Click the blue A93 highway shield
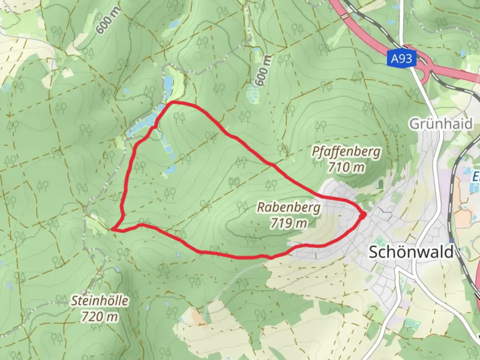point(401,59)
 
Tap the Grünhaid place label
point(441,124)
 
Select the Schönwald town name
point(411,252)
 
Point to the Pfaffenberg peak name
point(346,152)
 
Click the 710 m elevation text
point(346,167)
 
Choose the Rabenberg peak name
point(289,207)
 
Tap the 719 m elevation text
point(289,223)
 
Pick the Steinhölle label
point(100,301)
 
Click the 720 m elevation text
point(100,316)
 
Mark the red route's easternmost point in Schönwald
point(363,216)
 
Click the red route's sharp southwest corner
point(113,229)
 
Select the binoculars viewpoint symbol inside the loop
point(234,181)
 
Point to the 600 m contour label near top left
point(104,24)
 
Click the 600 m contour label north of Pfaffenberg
point(263,71)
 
